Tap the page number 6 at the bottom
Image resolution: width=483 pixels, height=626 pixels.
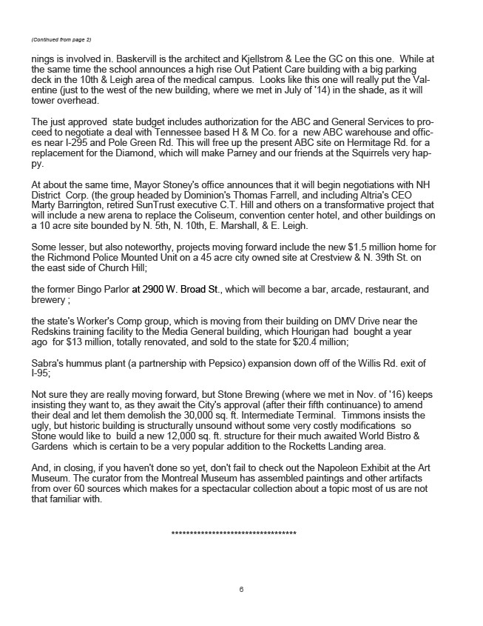[242, 590]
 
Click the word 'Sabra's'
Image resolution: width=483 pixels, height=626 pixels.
[49, 362]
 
